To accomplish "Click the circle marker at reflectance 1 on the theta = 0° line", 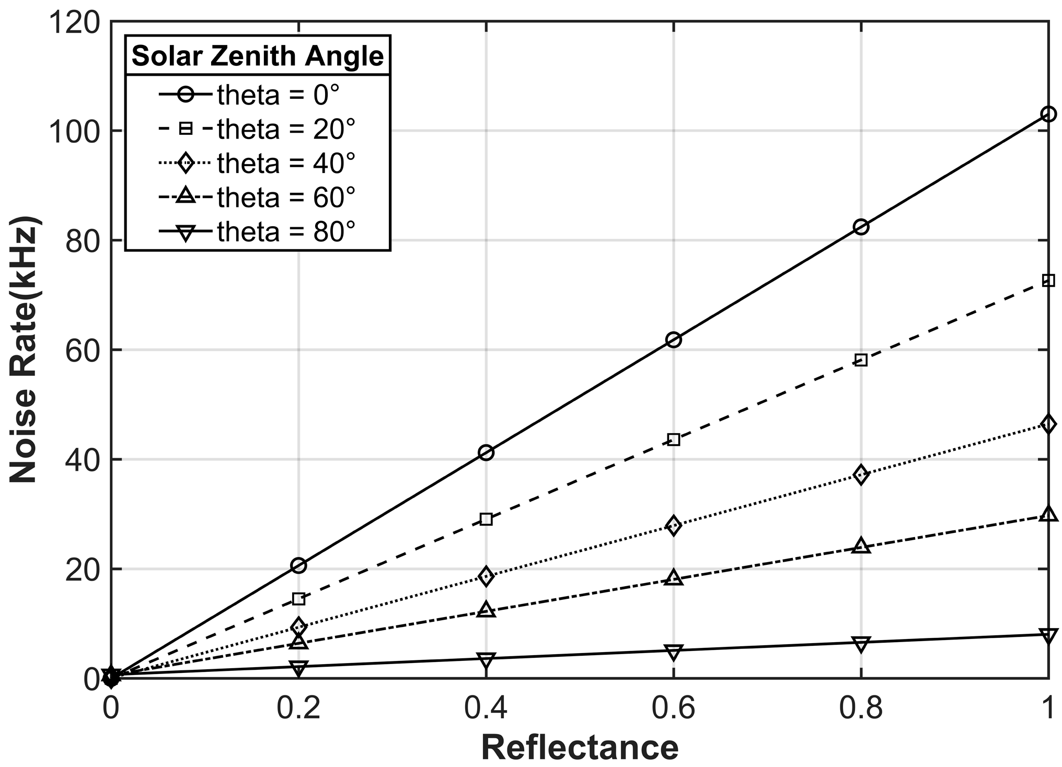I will [1048, 114].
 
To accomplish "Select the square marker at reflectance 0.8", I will [861, 359].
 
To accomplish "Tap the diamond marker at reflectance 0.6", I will [674, 526].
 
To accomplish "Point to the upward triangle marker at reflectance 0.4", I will [486, 609].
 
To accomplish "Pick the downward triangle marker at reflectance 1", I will [1048, 635].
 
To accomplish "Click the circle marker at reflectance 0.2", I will [298, 565].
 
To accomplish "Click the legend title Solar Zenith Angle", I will [258, 55].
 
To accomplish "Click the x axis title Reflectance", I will [580, 748].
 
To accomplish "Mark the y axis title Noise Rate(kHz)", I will [25, 350].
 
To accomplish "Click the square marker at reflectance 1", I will [1048, 281].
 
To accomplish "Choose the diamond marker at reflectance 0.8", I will [861, 475].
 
